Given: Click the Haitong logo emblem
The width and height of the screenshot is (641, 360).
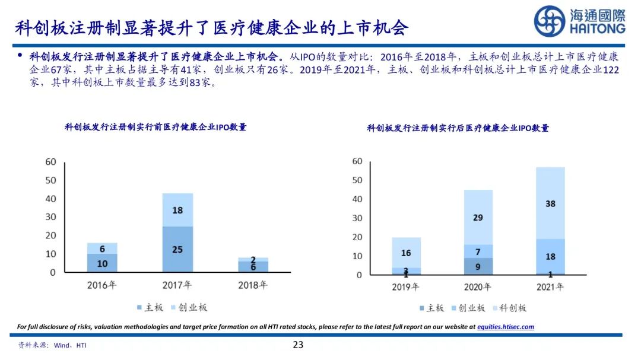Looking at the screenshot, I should click(549, 21).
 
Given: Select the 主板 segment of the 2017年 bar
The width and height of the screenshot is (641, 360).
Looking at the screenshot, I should click(177, 249).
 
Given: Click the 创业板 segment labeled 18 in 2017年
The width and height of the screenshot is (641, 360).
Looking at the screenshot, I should click(177, 210).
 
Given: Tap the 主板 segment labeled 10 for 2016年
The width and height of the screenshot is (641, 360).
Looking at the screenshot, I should click(102, 263).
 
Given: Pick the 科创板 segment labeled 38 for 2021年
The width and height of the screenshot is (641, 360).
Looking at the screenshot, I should click(550, 203).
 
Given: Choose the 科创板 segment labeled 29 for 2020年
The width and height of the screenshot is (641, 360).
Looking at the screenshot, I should click(478, 217).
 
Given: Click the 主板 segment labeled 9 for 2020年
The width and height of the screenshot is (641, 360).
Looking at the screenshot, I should click(478, 266).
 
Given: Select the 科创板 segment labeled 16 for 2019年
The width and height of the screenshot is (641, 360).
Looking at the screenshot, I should click(406, 253).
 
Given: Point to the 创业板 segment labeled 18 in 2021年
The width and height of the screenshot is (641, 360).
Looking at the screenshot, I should click(550, 256).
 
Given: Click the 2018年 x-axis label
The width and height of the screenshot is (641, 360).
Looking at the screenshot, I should click(252, 285).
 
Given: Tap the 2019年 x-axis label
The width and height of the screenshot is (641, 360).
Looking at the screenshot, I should click(406, 287).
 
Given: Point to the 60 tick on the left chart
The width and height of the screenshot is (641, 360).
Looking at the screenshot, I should click(50, 162).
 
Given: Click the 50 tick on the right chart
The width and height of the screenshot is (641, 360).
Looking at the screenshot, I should click(356, 180).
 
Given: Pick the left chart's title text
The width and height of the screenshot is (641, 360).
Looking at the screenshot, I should click(156, 127).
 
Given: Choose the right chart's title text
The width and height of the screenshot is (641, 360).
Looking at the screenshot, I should click(458, 128).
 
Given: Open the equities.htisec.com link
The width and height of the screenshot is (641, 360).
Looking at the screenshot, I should click(506, 327).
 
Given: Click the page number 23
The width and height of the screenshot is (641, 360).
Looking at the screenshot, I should click(298, 345).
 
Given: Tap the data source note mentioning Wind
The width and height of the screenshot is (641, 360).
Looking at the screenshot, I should click(52, 345).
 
